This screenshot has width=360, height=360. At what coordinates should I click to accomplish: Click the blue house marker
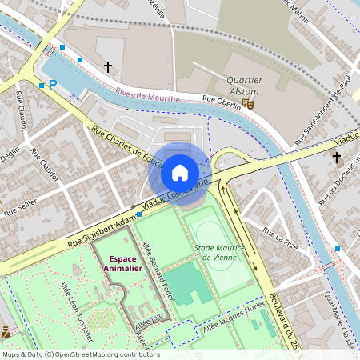[180, 173]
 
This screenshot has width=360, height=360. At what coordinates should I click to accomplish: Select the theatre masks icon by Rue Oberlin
[249, 104]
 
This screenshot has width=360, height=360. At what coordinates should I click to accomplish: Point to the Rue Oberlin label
[222, 100]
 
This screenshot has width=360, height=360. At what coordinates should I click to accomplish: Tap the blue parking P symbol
[53, 84]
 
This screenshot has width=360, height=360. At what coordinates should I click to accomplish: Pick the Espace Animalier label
[122, 264]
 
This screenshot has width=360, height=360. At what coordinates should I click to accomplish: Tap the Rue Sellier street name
[20, 210]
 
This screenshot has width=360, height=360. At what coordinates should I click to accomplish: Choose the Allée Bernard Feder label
[158, 265]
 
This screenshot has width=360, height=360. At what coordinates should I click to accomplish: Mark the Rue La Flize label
[279, 238]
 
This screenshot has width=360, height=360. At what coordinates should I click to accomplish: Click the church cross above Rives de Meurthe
[108, 67]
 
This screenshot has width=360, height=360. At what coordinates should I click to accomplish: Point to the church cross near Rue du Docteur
[336, 156]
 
